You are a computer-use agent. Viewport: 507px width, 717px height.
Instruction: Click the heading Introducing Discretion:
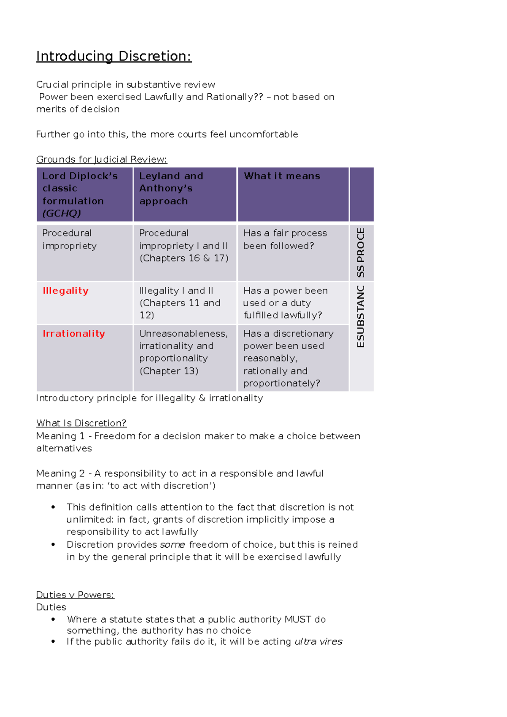(x=114, y=56)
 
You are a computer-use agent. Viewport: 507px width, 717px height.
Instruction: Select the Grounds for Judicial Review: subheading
(x=101, y=159)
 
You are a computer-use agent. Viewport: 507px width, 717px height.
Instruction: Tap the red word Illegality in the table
(x=65, y=291)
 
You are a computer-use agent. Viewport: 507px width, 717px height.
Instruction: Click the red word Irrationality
(x=74, y=334)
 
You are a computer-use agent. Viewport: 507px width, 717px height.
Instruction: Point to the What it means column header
(x=282, y=176)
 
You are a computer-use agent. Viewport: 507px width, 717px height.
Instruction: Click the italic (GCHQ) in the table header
(x=61, y=213)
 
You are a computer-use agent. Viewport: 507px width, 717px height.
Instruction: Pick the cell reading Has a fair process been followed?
(x=285, y=239)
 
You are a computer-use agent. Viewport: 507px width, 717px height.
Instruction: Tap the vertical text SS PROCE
(x=360, y=253)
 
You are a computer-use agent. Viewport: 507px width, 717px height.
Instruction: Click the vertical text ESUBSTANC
(x=360, y=316)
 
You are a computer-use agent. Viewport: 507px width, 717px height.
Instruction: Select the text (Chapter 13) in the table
(x=169, y=371)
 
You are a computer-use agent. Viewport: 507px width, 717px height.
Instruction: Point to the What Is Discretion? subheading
(x=81, y=423)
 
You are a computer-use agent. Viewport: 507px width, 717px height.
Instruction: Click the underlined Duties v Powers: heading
(x=75, y=595)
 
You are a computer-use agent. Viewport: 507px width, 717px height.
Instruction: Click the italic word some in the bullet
(x=172, y=545)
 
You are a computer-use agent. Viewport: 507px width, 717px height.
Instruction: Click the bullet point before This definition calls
(x=53, y=507)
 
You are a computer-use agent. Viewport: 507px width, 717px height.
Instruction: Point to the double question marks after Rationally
(x=258, y=97)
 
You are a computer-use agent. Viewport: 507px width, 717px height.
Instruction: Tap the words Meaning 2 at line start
(x=60, y=473)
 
